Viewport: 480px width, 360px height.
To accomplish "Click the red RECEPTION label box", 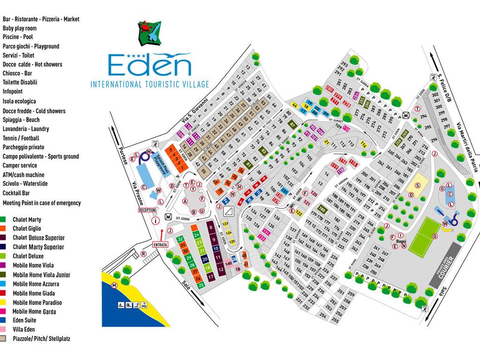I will pyautogui.click(x=147, y=210).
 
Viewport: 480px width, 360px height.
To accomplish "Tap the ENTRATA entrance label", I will pyautogui.click(x=160, y=245).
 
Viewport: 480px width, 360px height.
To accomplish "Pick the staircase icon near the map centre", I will pyautogui.click(x=229, y=211).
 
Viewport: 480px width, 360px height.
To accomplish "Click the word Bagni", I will pyautogui.click(x=401, y=241).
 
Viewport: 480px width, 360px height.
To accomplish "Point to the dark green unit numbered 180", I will pyautogui.click(x=322, y=210).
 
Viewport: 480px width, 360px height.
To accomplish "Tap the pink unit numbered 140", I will pyautogui.click(x=228, y=263).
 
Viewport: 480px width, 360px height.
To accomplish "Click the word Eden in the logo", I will pyautogui.click(x=150, y=65).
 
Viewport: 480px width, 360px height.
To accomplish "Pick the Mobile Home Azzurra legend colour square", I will pyautogui.click(x=3, y=284).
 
